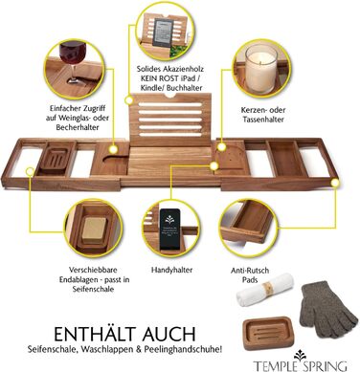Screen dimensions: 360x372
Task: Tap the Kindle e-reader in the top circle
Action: [164, 33]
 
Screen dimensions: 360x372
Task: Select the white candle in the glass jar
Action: [261, 69]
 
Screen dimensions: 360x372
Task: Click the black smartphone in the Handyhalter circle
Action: [170, 230]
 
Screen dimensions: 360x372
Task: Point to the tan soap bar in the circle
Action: [94, 229]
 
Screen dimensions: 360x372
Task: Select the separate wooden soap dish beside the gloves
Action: [267, 333]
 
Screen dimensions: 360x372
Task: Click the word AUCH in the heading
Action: [169, 334]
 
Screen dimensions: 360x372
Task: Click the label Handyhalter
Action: [171, 270]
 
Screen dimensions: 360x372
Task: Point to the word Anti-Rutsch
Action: [250, 271]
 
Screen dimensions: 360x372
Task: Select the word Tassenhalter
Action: [263, 120]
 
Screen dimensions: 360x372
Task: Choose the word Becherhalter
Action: [78, 127]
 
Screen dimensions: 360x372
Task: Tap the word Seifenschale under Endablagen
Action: [93, 289]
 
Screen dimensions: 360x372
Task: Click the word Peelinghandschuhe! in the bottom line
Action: [183, 349]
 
